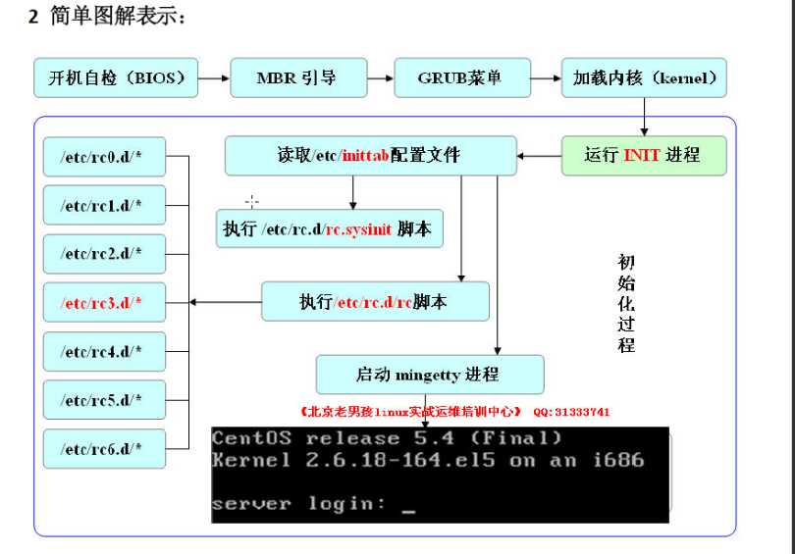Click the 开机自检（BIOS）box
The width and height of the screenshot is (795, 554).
coord(115,77)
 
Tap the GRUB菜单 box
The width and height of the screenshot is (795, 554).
coord(460,77)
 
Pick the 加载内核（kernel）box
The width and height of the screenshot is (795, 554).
coord(644,77)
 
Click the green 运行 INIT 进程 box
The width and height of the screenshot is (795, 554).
coord(644,155)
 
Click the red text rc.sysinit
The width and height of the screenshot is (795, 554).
coord(359,228)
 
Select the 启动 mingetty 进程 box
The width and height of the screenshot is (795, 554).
coord(429,375)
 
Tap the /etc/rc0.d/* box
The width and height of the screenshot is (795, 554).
coord(104,156)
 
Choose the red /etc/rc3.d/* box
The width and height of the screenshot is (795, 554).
coord(104,302)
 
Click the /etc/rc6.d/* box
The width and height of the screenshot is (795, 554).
coord(104,448)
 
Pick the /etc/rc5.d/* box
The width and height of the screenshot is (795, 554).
coord(104,400)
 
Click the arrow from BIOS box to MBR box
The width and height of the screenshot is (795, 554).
coord(213,77)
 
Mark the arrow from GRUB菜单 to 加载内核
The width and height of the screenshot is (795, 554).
coord(545,77)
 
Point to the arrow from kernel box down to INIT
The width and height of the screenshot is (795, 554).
coord(645,118)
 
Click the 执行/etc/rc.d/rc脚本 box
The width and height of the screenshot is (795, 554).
coord(375,302)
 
